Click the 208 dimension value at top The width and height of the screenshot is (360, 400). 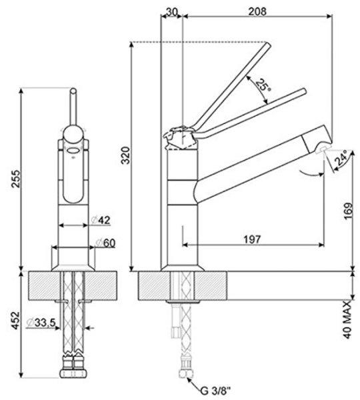(x=257, y=11)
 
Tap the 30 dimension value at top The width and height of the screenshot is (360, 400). (x=172, y=11)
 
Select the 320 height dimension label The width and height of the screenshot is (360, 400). (x=125, y=155)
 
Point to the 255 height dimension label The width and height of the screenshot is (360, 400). (x=16, y=179)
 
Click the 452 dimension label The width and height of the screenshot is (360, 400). (x=16, y=320)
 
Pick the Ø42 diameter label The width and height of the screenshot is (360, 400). (x=101, y=220)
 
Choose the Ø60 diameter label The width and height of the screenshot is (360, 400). (x=105, y=243)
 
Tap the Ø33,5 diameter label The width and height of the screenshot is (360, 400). (x=41, y=323)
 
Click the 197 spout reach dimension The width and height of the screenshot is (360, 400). (x=252, y=239)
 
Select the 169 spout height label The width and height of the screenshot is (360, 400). (x=348, y=211)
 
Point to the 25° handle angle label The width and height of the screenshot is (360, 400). (x=263, y=86)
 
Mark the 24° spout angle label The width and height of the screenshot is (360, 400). (x=341, y=158)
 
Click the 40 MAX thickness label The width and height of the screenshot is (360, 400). (x=347, y=319)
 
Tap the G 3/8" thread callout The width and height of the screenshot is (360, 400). (x=215, y=391)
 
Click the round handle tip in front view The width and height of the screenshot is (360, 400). (x=73, y=91)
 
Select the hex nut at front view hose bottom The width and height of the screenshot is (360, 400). (x=73, y=374)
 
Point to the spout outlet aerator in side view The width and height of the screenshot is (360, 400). (x=323, y=150)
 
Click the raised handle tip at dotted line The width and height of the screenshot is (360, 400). (x=267, y=45)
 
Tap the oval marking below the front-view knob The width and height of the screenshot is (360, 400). (x=73, y=151)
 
